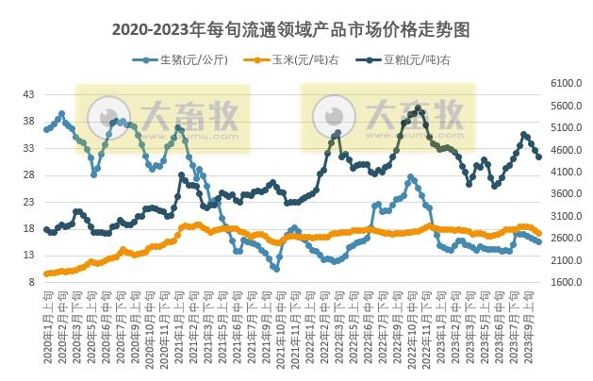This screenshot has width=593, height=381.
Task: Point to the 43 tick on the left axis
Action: tap(28, 94)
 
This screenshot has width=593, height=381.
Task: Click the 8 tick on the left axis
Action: tap(31, 281)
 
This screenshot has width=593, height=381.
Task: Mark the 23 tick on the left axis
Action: tap(28, 201)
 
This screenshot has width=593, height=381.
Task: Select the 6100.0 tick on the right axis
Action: tap(563, 84)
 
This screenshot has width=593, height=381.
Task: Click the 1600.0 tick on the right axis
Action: tap(563, 281)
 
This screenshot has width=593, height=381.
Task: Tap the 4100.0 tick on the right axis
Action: tap(563, 172)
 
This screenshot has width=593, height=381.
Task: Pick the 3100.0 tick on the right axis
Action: tap(563, 216)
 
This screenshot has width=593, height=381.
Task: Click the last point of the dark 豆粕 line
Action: tap(538, 157)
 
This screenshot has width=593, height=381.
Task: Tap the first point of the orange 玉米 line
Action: tap(46, 273)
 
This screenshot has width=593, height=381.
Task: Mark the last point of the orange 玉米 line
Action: tap(538, 233)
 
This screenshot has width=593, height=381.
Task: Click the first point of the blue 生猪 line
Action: tap(46, 129)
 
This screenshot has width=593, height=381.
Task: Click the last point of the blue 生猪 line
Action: tap(538, 242)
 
